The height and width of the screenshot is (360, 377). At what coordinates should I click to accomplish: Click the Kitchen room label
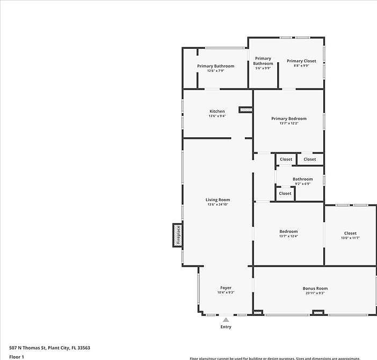[x=217, y=111]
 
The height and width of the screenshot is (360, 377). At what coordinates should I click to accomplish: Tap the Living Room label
[x=218, y=200]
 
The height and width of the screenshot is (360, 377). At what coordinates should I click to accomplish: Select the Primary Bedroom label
[x=288, y=119]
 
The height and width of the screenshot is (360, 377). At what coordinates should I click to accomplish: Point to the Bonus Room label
[x=315, y=288]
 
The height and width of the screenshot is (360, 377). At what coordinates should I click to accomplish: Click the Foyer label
[x=226, y=288]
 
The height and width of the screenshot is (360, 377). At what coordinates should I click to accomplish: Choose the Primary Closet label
[x=301, y=61]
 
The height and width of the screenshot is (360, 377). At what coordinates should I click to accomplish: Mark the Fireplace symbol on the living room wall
[x=178, y=235]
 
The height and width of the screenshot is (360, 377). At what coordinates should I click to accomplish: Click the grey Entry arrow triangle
[x=226, y=320]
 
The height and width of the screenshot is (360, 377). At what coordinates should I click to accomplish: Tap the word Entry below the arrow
[x=226, y=327]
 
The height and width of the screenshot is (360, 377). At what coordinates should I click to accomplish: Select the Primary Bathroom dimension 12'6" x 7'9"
[x=215, y=71]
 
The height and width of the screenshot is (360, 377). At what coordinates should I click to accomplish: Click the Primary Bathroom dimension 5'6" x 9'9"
[x=263, y=68]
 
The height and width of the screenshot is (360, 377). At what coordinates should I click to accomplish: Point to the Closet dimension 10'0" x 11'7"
[x=350, y=238]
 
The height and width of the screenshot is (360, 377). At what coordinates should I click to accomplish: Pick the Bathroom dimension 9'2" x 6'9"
[x=302, y=183]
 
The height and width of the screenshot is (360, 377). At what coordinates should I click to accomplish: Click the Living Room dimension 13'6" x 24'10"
[x=218, y=204]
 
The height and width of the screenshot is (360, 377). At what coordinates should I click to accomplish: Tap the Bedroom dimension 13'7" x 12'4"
[x=288, y=236]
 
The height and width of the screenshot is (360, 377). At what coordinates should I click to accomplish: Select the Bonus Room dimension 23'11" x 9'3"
[x=315, y=293]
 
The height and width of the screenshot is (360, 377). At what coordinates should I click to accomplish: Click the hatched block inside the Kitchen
[x=245, y=109]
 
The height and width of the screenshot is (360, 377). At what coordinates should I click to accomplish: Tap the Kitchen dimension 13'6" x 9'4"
[x=217, y=116]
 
